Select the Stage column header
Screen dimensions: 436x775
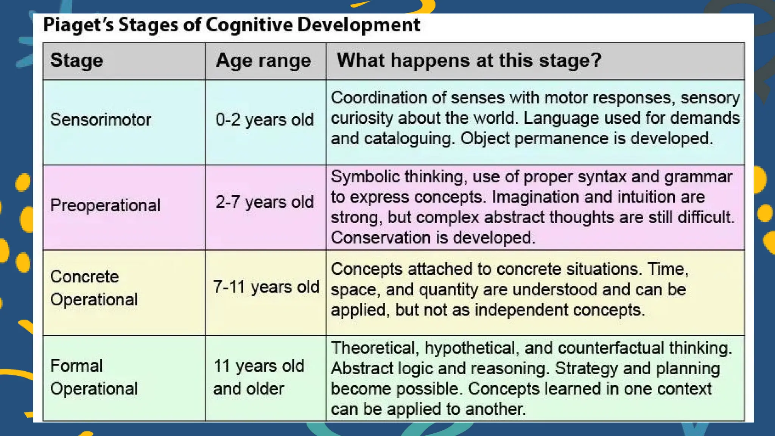(76, 61)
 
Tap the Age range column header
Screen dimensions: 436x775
(263, 61)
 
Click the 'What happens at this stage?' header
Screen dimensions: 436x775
(469, 60)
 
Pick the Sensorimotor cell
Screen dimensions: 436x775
(101, 120)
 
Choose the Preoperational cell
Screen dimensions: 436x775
(105, 206)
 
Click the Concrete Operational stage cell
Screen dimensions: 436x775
(94, 288)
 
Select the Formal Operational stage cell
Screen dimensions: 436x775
(94, 377)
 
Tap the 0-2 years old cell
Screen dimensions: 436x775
(265, 120)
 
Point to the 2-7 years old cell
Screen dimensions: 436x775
(265, 202)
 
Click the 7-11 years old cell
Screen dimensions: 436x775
(266, 287)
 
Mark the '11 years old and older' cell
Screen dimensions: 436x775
(259, 377)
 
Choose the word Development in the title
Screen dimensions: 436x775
(358, 25)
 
